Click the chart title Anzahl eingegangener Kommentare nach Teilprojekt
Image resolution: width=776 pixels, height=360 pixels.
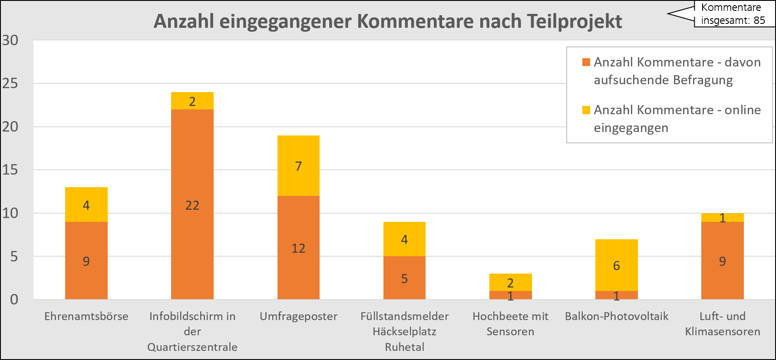(388, 21)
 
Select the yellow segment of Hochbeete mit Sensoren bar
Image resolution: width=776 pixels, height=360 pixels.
(510, 282)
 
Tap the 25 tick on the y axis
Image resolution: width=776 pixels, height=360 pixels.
(10, 83)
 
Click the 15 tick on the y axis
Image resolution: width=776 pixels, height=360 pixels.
(10, 170)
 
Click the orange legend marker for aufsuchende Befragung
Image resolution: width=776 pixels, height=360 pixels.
(586, 63)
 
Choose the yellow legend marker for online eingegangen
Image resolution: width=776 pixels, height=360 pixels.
(586, 110)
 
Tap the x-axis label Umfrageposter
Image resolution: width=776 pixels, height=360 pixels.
(298, 316)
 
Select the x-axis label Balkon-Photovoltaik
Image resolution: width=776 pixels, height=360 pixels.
(616, 316)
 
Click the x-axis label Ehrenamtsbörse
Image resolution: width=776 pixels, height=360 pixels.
(86, 316)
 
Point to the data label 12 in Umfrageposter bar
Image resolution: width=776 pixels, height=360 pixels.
(298, 248)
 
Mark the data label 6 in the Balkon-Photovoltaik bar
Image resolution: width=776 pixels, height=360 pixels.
(616, 265)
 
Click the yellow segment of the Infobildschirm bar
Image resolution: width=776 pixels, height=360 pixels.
(192, 101)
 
